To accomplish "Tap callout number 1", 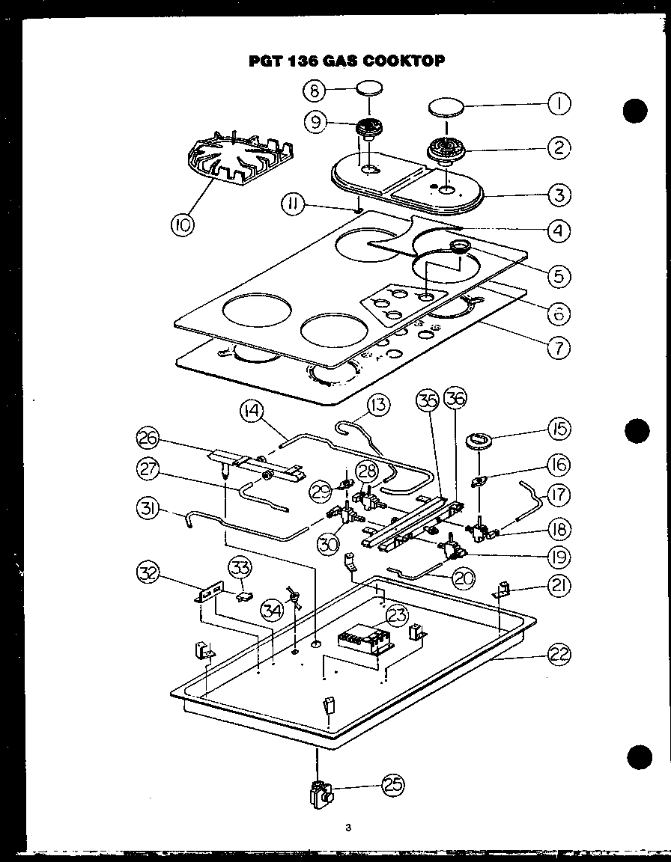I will point(558,105).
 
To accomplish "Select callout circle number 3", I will point(558,196).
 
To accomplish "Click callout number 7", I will point(558,347).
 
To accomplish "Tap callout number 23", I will point(398,615).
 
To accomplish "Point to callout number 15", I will point(558,429).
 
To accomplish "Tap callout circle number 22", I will point(558,655).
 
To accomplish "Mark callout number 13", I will point(379,406).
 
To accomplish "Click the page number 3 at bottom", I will point(348,828).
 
